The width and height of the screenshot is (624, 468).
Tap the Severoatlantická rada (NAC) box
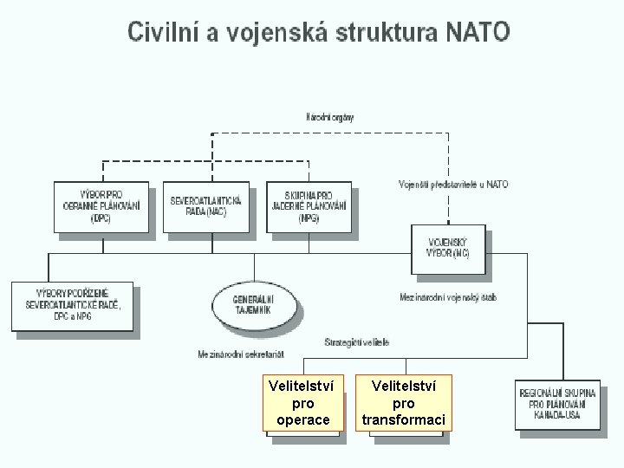(x=205, y=206)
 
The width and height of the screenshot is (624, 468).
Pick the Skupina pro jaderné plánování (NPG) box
(x=309, y=207)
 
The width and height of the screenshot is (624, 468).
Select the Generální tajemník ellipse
(x=253, y=304)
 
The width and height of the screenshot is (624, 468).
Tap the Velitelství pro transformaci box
(x=404, y=403)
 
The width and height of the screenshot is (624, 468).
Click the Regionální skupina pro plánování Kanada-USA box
(x=562, y=404)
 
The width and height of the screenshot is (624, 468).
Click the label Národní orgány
(x=329, y=116)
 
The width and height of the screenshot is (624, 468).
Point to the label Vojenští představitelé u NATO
(x=453, y=185)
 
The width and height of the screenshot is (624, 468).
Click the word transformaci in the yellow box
(x=404, y=420)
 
